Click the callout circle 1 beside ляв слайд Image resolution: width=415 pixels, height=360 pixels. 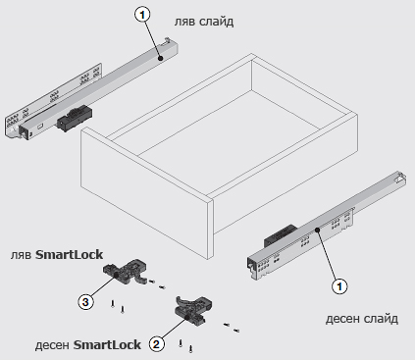click(142, 15)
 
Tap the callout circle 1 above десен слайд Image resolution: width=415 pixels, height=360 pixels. click(339, 286)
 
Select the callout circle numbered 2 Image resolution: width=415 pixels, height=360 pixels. click(157, 344)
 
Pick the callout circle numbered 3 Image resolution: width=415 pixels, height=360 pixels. click(85, 301)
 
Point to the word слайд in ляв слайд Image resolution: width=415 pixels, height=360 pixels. click(216, 22)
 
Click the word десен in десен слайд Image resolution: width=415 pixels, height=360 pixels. click(342, 319)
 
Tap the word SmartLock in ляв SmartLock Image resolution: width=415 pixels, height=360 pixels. click(69, 255)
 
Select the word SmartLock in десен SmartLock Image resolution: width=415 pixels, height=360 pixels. click(107, 345)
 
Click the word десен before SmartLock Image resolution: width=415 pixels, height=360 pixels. click(52, 345)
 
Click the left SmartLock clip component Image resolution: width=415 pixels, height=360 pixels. click(125, 272)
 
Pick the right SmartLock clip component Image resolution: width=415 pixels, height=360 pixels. click(194, 311)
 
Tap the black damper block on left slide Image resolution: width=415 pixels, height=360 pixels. click(75, 118)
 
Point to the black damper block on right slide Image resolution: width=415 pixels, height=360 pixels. click(281, 235)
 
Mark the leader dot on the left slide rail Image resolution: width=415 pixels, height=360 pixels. click(160, 59)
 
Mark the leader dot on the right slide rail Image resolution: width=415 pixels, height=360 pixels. click(317, 230)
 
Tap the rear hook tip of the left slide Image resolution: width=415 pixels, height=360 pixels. click(168, 39)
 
